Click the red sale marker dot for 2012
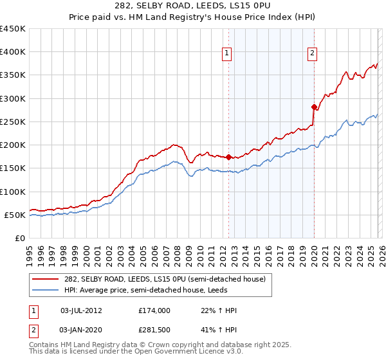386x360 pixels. [x=228, y=157]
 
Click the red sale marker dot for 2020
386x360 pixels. [x=314, y=107]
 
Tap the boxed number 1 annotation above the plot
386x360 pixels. [x=228, y=53]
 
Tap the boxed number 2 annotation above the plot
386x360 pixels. [x=312, y=53]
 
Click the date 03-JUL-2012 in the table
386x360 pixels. [x=81, y=310]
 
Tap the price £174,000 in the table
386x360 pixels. [x=154, y=310]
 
